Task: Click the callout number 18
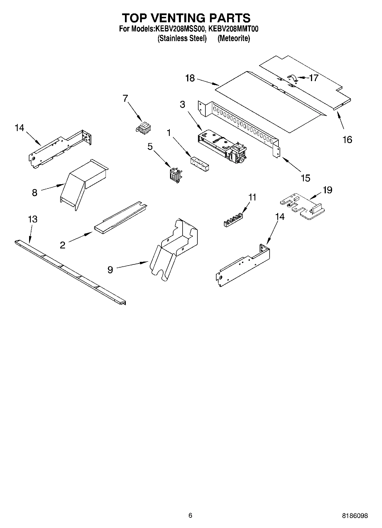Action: click(190, 78)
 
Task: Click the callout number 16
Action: click(347, 140)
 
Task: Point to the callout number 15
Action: click(305, 178)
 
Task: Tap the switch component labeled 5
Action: click(175, 174)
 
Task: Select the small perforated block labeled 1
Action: click(199, 163)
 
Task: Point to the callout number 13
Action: click(33, 219)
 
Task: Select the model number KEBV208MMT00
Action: click(233, 29)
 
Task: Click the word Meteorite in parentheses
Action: click(234, 38)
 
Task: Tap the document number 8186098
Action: click(355, 515)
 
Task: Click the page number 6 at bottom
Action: click(190, 515)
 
